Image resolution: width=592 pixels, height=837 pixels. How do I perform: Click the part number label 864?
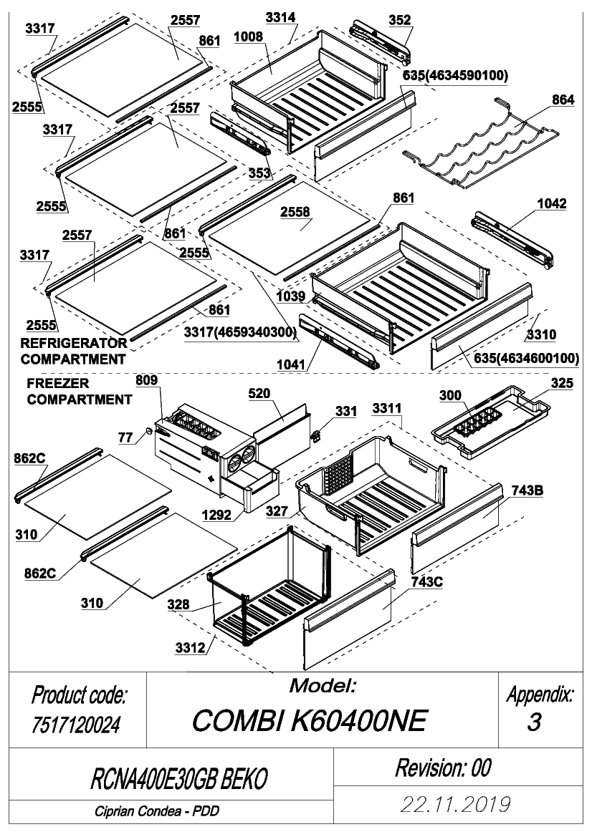[x=563, y=100]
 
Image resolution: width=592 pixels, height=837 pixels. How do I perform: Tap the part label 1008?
[x=249, y=37]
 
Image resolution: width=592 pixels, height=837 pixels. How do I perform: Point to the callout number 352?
[x=400, y=20]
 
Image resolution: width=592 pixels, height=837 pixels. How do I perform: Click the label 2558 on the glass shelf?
[x=295, y=212]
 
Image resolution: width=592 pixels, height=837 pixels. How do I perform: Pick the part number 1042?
[x=551, y=204]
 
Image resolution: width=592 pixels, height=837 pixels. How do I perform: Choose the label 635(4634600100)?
[x=526, y=358]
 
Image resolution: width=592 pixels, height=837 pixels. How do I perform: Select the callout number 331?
[x=346, y=412]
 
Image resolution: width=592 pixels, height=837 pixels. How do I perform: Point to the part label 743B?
[x=527, y=490]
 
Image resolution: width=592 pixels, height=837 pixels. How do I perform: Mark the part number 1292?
[x=216, y=515]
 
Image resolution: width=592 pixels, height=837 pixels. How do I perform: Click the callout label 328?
[x=178, y=604]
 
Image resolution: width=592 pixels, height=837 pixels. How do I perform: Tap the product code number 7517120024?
[x=76, y=725]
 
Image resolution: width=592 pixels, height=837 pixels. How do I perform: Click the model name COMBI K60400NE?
[x=310, y=721]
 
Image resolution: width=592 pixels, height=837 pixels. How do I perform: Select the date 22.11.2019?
[x=457, y=805]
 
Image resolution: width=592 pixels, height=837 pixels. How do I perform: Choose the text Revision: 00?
[x=443, y=768]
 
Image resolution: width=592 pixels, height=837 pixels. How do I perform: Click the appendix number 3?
[x=534, y=722]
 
